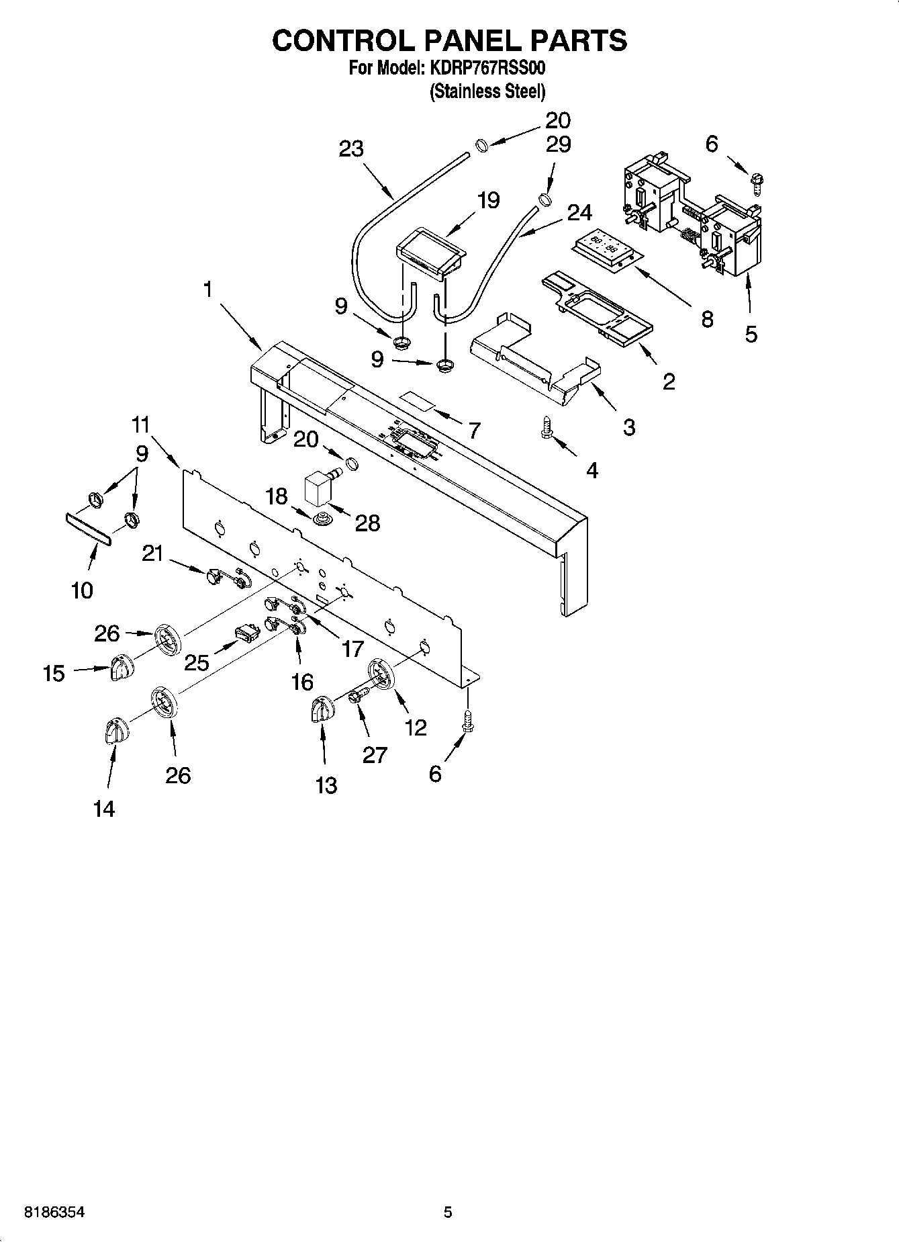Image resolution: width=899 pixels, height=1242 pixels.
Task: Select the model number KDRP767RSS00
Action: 488,69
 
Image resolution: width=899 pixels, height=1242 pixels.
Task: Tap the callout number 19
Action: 488,200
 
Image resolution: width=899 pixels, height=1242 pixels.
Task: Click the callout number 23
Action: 351,148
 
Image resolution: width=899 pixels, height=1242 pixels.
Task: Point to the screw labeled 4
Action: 547,428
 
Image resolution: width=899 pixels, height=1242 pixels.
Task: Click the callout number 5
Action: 751,333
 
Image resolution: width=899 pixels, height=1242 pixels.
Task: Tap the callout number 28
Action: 367,523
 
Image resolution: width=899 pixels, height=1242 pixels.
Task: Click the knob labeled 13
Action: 322,709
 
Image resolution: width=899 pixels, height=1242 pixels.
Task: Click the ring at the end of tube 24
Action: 545,199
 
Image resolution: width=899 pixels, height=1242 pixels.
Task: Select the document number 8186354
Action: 54,1212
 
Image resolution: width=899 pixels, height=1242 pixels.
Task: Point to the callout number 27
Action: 375,755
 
